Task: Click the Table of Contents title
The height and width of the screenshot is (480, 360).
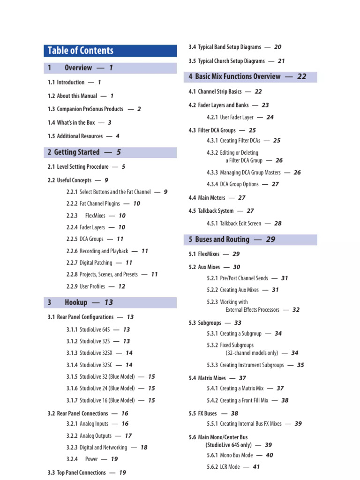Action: [x=81, y=51]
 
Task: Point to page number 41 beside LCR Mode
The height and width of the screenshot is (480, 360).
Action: [x=256, y=467]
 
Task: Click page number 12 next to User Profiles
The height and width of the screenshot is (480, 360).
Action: [x=121, y=286]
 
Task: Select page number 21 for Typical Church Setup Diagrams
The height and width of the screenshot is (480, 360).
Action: [x=281, y=61]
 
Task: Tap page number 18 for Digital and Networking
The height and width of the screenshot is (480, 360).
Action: [x=143, y=448]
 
